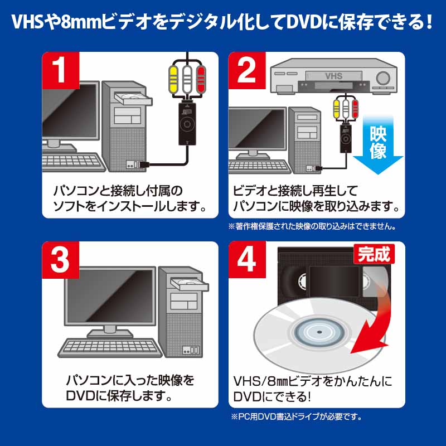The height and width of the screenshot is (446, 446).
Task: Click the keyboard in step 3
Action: click(x=110, y=347)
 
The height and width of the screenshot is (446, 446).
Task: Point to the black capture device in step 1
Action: click(x=187, y=123)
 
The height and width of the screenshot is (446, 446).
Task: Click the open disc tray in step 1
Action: click(x=133, y=99)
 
